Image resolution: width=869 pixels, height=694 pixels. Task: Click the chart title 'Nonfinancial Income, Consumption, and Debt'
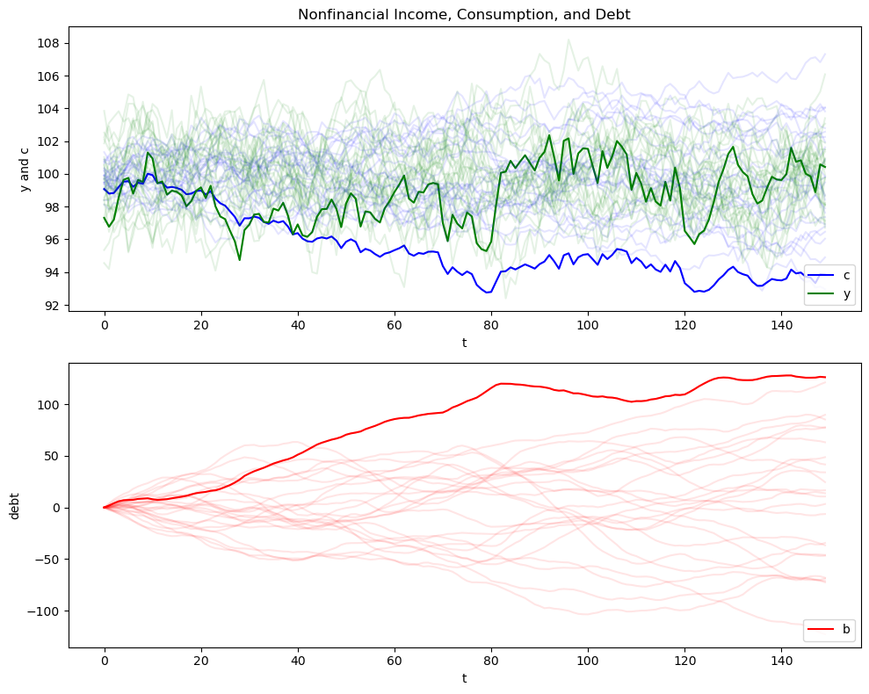464,14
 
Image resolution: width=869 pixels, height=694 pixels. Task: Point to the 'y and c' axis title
25,167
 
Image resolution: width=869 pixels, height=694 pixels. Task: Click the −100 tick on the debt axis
43,611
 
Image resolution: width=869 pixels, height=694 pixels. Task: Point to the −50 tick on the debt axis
47,560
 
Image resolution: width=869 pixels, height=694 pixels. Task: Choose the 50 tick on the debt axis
50,456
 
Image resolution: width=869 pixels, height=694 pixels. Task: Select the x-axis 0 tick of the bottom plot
105,660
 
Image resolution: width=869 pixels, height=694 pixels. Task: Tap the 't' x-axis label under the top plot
464,343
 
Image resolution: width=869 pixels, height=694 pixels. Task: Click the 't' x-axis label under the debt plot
464,679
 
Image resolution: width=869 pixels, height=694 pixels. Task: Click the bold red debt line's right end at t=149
825,377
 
